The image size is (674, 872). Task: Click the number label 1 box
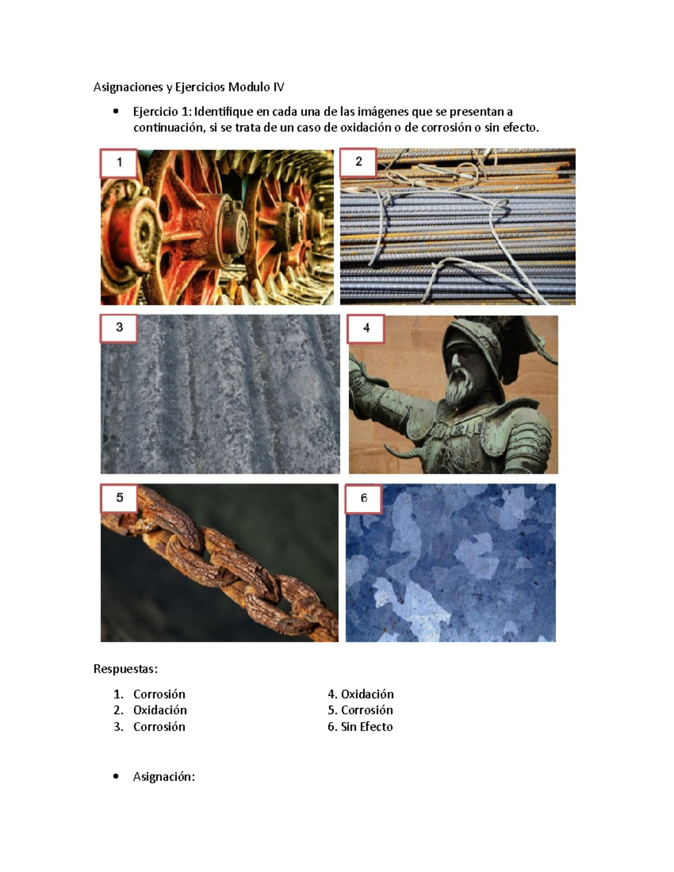coord(119,163)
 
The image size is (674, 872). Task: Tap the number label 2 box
coord(358,162)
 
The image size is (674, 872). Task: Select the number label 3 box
coord(119,328)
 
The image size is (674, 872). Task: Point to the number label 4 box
coord(366,328)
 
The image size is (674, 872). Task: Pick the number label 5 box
coord(119,498)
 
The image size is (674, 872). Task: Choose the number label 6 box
coord(364,499)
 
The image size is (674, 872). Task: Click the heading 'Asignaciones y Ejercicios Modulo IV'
coord(189,87)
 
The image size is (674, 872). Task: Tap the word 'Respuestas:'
coord(125,669)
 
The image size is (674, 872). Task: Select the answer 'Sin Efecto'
coord(367,727)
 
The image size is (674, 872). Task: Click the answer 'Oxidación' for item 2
coord(160,710)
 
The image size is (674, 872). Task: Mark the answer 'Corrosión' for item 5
coord(367,710)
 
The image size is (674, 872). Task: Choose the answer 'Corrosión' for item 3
coord(159,727)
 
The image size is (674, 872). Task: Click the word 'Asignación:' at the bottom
coord(163,777)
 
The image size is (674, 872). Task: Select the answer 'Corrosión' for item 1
coord(159,694)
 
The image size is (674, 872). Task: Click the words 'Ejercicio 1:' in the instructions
coord(162,112)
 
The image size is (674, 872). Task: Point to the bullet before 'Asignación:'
coord(116,777)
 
